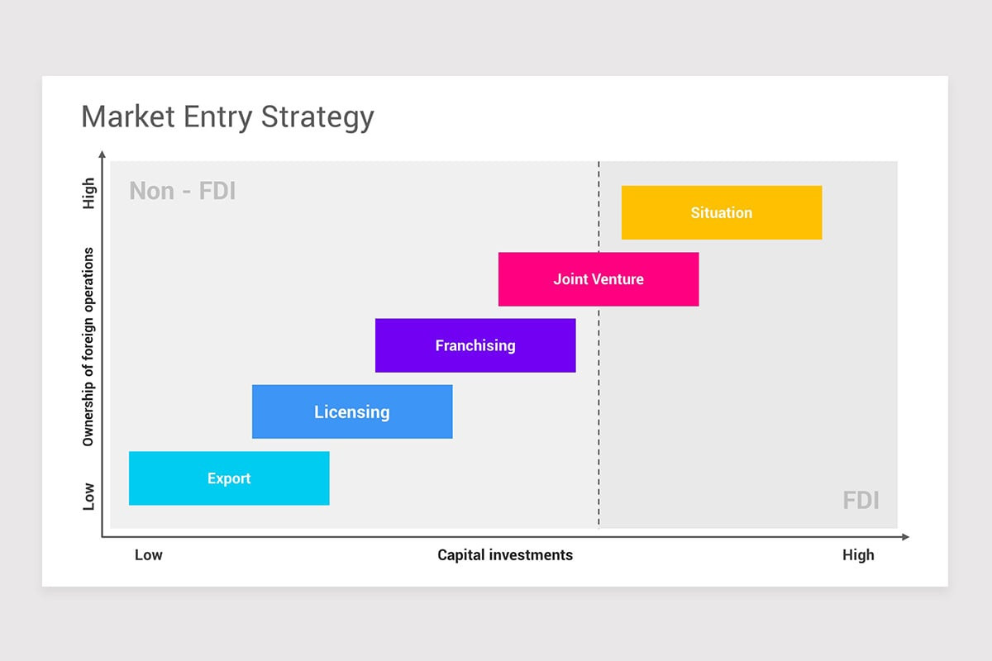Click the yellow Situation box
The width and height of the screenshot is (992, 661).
tap(721, 212)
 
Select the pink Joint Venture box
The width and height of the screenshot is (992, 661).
tap(599, 279)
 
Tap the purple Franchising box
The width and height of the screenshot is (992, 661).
tap(475, 345)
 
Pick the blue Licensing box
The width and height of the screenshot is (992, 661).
tap(352, 411)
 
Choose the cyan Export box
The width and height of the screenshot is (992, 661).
tap(229, 478)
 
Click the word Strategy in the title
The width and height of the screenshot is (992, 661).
tap(317, 117)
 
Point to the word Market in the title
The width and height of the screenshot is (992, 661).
tap(129, 117)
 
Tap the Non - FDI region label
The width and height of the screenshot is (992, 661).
tap(183, 191)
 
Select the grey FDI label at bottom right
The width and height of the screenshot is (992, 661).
tap(861, 500)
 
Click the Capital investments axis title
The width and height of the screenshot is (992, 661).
tap(505, 554)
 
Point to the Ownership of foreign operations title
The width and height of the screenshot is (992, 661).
tap(88, 347)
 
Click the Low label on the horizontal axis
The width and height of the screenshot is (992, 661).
tap(149, 554)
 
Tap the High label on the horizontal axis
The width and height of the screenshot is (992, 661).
tap(858, 554)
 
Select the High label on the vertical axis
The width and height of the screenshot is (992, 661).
tap(88, 193)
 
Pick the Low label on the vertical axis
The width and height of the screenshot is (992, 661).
tap(88, 497)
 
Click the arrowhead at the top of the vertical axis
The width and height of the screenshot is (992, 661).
tap(102, 154)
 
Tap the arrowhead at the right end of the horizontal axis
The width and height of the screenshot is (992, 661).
tap(905, 537)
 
